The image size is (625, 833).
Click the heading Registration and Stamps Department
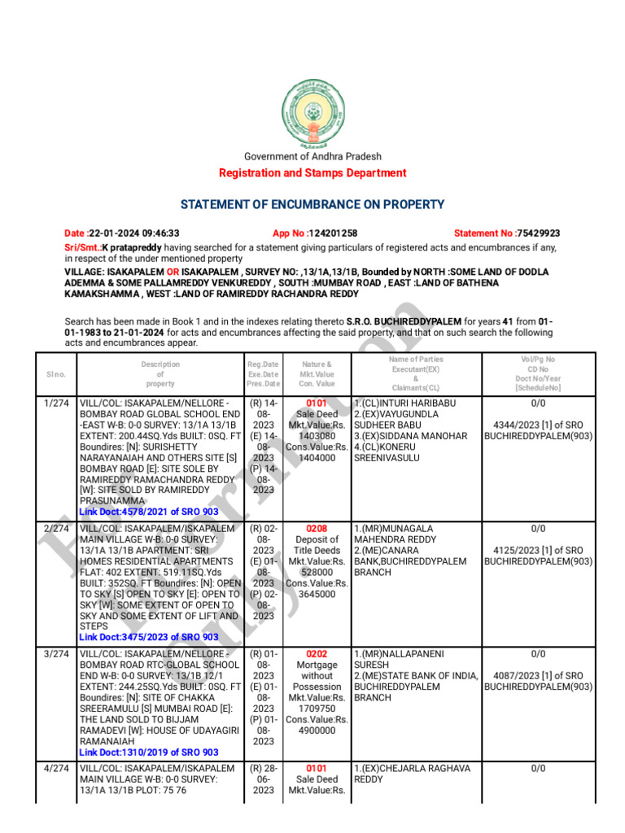point(312,172)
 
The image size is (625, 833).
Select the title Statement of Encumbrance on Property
point(312,204)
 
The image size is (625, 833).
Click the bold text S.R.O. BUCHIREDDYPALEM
point(404,322)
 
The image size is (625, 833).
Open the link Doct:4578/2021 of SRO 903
point(149,512)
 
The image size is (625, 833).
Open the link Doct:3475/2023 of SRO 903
point(149,637)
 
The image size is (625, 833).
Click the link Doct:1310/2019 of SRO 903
point(149,752)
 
